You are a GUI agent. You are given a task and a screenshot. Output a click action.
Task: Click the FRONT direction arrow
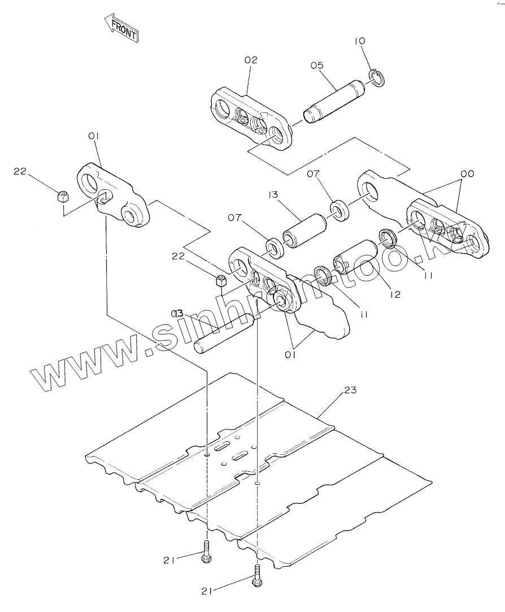[x=121, y=28]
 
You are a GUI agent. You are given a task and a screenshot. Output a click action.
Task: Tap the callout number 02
[x=250, y=60]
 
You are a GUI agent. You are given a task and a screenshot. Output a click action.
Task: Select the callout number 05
[x=316, y=65]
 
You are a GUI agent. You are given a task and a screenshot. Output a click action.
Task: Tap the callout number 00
[x=467, y=173]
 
